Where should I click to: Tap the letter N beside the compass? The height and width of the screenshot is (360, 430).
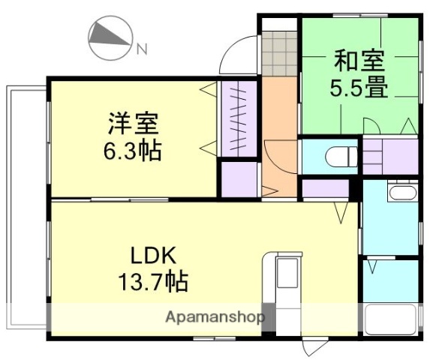pos(141,49)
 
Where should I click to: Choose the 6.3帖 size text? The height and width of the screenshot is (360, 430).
pos(132,151)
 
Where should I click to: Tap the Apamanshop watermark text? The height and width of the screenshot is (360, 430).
pos(215,316)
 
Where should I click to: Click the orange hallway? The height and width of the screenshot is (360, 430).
pos(279,135)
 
